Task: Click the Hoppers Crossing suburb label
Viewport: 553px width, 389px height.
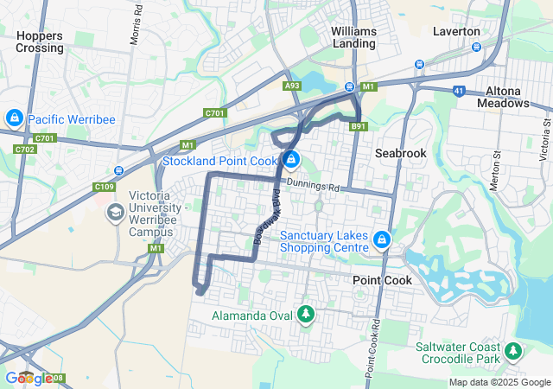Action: (x=40, y=41)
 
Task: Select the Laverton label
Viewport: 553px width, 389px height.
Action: (x=455, y=31)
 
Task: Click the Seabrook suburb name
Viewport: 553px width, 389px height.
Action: (x=402, y=152)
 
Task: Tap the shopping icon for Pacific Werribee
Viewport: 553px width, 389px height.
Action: (x=15, y=118)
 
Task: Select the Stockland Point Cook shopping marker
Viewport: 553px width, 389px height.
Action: (x=292, y=160)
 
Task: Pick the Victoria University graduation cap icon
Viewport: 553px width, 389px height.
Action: (x=115, y=212)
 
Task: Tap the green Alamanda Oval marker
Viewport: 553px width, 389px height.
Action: (x=305, y=315)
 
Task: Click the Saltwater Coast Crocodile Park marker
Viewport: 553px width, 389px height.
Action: (x=514, y=351)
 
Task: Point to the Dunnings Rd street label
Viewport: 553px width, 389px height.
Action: (x=314, y=184)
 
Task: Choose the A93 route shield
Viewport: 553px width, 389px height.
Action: (x=292, y=86)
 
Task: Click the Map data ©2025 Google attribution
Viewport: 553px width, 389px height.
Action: (x=499, y=382)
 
